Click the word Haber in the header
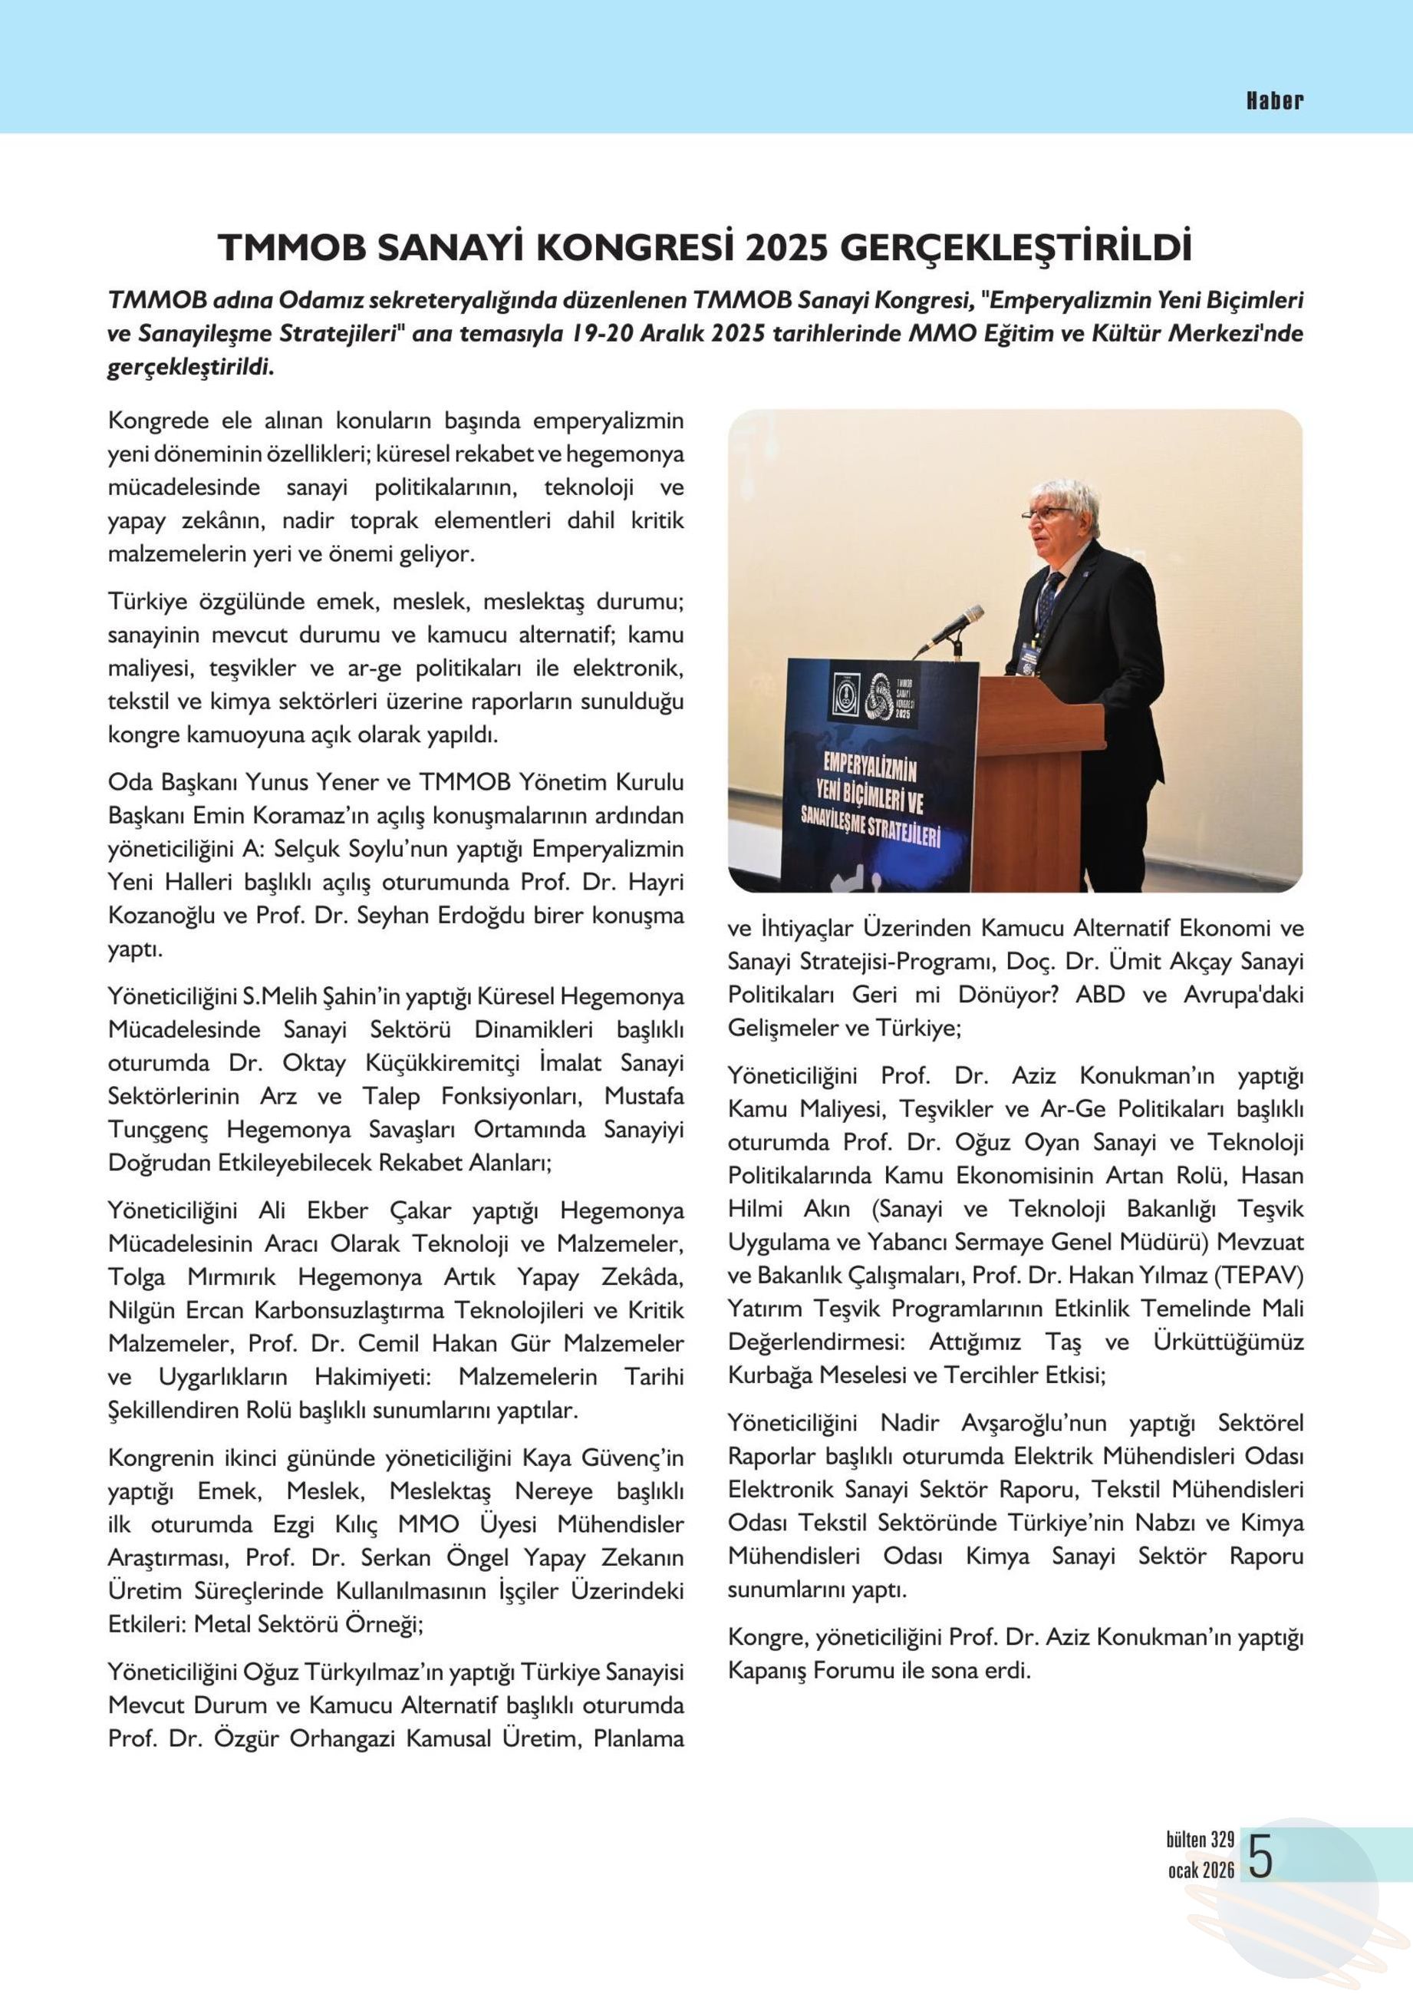click(1275, 100)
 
